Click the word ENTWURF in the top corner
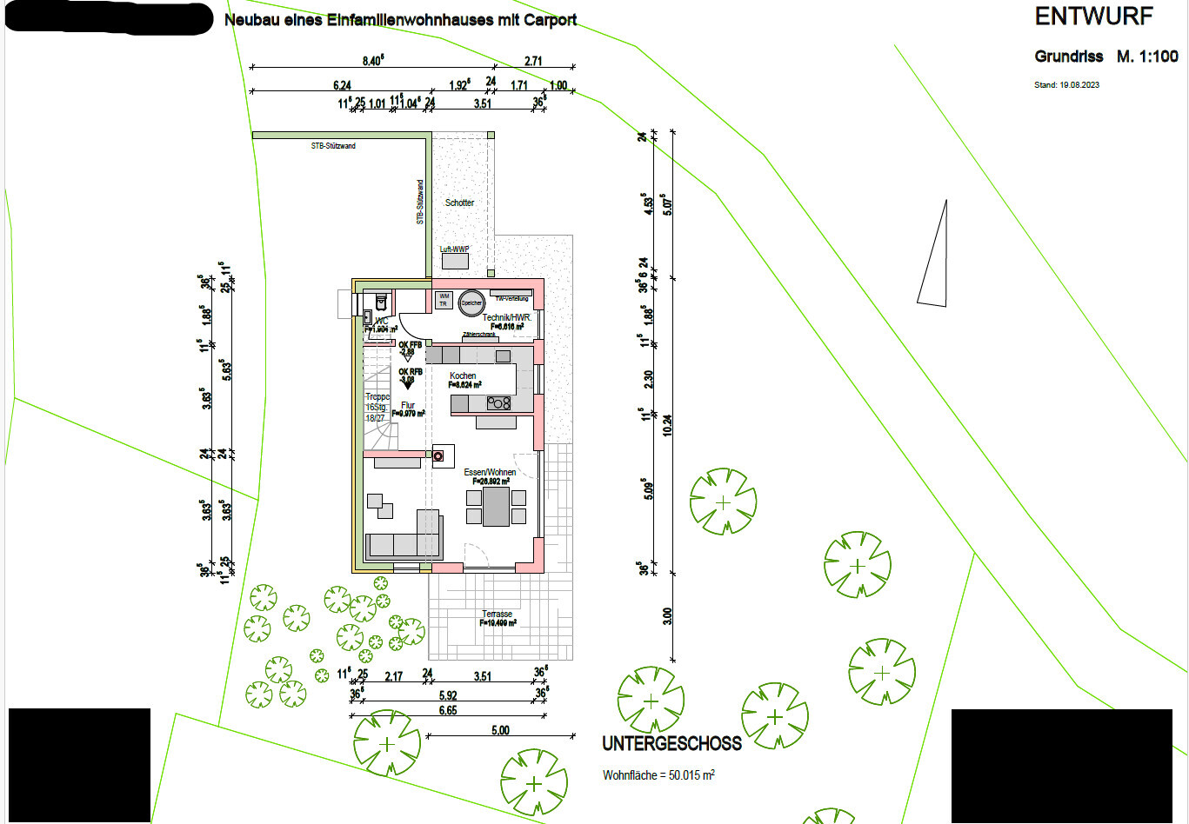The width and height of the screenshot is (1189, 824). click(1093, 17)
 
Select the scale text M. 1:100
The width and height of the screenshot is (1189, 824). click(1147, 56)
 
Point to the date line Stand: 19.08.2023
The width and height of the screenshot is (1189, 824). click(1066, 85)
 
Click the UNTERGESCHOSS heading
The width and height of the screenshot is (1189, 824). click(671, 744)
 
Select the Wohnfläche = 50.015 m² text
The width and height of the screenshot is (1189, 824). click(658, 775)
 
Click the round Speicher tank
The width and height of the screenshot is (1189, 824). click(471, 302)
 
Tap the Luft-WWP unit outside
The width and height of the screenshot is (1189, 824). click(455, 260)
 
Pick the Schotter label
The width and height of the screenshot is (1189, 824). click(459, 203)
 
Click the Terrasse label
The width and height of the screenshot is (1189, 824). click(498, 614)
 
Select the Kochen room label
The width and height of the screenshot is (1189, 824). click(463, 375)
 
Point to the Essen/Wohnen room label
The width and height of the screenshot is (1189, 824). click(490, 472)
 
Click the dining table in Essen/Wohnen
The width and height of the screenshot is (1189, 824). click(497, 507)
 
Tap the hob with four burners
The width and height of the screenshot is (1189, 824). click(498, 403)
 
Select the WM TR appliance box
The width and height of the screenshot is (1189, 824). click(444, 300)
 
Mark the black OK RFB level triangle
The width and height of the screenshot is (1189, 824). click(406, 384)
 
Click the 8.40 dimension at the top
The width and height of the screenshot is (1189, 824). click(372, 61)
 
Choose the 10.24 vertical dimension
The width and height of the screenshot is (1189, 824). click(667, 424)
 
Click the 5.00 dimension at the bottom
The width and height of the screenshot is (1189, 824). click(500, 730)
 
